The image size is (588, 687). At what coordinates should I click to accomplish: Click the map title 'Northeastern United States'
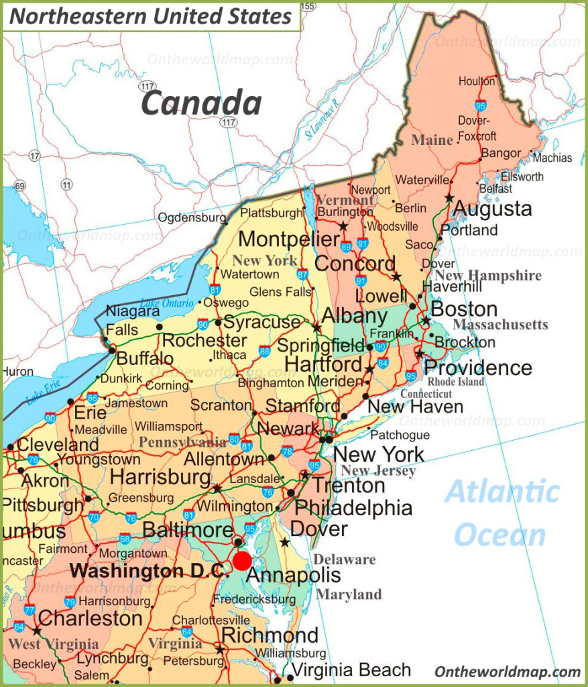click(151, 16)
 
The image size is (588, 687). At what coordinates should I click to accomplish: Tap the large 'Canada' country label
click(201, 103)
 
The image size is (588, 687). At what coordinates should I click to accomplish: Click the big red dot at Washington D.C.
click(242, 561)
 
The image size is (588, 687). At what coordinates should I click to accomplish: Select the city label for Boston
click(464, 309)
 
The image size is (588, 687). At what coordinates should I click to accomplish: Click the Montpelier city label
click(289, 239)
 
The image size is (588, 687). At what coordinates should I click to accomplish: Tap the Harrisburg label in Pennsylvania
click(160, 477)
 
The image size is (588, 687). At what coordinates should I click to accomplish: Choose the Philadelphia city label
click(353, 507)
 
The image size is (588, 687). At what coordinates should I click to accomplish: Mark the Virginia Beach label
click(351, 670)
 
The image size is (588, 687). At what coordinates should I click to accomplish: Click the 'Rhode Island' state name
click(456, 382)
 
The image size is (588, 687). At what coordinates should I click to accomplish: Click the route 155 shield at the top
click(307, 6)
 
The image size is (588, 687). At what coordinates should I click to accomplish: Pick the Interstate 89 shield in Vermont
click(347, 246)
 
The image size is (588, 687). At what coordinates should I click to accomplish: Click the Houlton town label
click(477, 81)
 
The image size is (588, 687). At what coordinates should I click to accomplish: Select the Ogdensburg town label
click(192, 218)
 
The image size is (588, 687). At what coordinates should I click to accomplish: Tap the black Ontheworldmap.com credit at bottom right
click(507, 672)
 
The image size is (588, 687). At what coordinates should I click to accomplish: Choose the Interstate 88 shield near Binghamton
click(265, 350)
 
